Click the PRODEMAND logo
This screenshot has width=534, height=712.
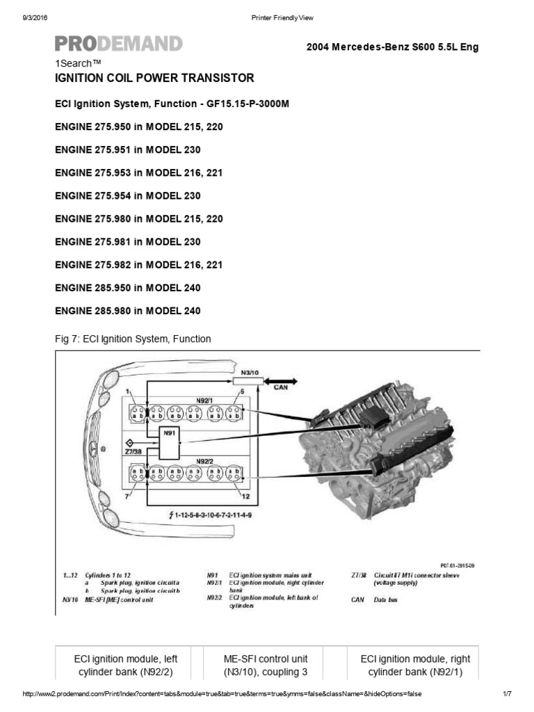coord(119,44)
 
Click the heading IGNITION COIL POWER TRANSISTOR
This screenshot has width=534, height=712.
coord(154,78)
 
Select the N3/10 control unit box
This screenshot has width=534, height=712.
coord(250,374)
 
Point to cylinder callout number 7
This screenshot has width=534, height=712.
coord(127,496)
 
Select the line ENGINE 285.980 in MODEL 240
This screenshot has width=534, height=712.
coord(128,311)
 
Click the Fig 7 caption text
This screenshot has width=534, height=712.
coord(132,339)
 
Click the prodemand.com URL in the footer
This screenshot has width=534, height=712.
coord(222,694)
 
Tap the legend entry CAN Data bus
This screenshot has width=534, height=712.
coord(375,599)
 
